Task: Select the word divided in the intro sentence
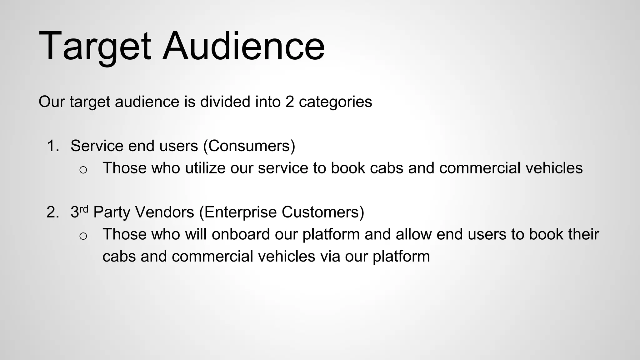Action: click(x=225, y=102)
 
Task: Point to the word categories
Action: click(x=335, y=102)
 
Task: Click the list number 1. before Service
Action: click(x=53, y=146)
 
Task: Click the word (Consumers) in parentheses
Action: click(x=249, y=146)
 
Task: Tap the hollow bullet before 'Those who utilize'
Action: click(x=83, y=170)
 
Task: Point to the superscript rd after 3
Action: click(x=84, y=209)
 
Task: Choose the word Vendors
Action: click(x=165, y=212)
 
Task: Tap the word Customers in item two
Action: click(x=322, y=212)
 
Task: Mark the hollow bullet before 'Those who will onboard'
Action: click(x=83, y=236)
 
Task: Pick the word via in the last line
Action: click(x=330, y=257)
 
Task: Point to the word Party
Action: click(x=112, y=212)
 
